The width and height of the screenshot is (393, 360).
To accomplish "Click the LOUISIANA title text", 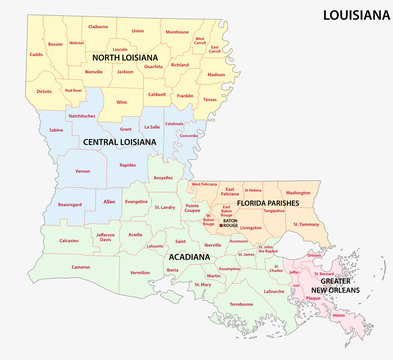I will pyautogui.click(x=351, y=16).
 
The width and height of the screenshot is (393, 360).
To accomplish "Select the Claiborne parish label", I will pyautogui.click(x=98, y=27).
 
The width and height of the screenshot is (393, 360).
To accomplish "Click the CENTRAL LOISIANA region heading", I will pyautogui.click(x=122, y=142).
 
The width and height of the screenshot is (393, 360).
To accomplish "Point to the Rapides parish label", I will pyautogui.click(x=127, y=165).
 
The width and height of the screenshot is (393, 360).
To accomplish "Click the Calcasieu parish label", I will pyautogui.click(x=42, y=241).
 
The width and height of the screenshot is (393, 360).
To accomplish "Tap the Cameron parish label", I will pyautogui.click(x=52, y=268).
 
